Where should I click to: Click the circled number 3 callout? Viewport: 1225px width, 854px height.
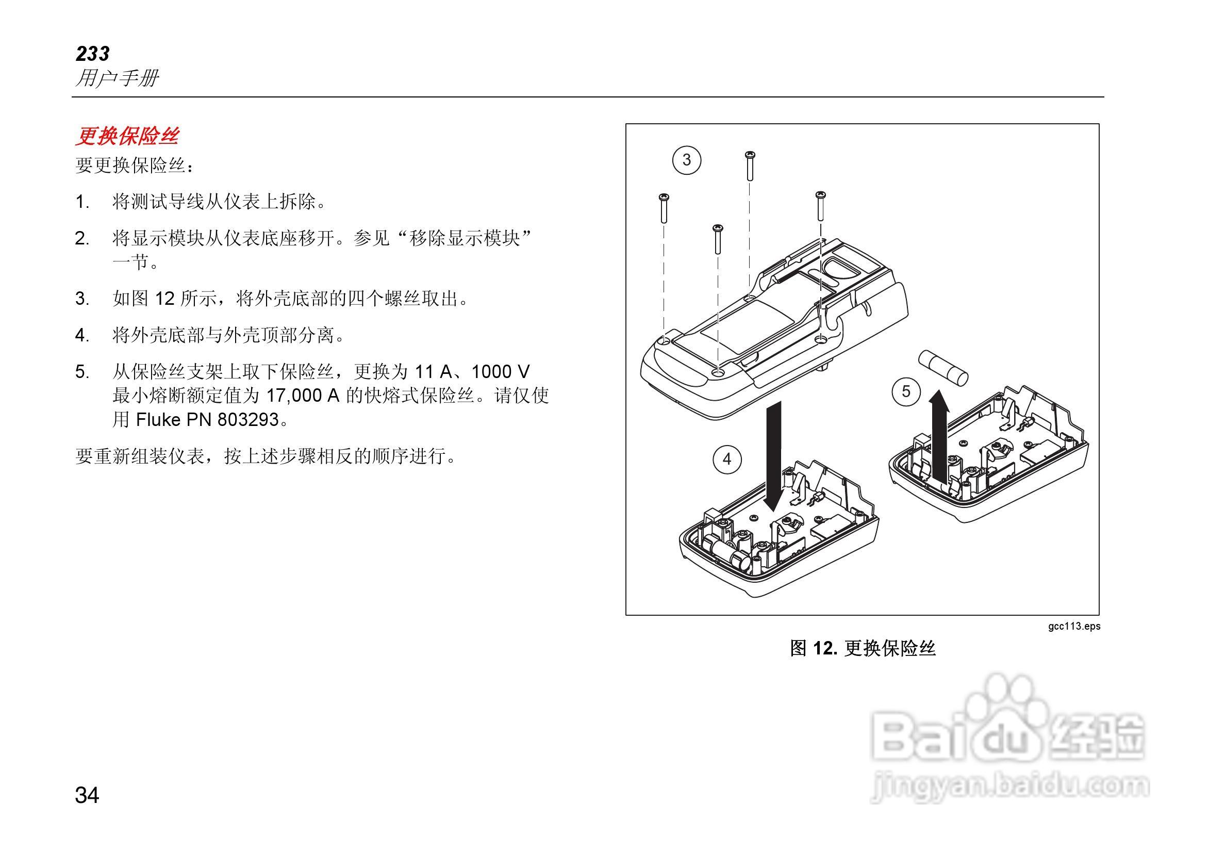point(686,160)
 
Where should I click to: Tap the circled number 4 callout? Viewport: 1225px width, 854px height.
point(726,459)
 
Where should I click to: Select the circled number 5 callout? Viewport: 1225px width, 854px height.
point(906,392)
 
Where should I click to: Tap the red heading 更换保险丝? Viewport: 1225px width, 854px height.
point(127,137)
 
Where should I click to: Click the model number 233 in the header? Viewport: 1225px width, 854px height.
point(92,54)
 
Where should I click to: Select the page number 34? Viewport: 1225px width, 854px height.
point(87,795)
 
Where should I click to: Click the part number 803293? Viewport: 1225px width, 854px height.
point(248,420)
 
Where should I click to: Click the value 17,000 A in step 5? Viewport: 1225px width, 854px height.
point(303,396)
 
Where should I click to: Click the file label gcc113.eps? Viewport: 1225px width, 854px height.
point(1073,626)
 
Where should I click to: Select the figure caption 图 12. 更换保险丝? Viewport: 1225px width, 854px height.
point(863,649)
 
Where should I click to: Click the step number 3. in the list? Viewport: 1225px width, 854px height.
point(82,299)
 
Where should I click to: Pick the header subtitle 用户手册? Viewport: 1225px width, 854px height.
point(117,78)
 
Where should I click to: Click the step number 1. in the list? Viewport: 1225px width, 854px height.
point(82,202)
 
